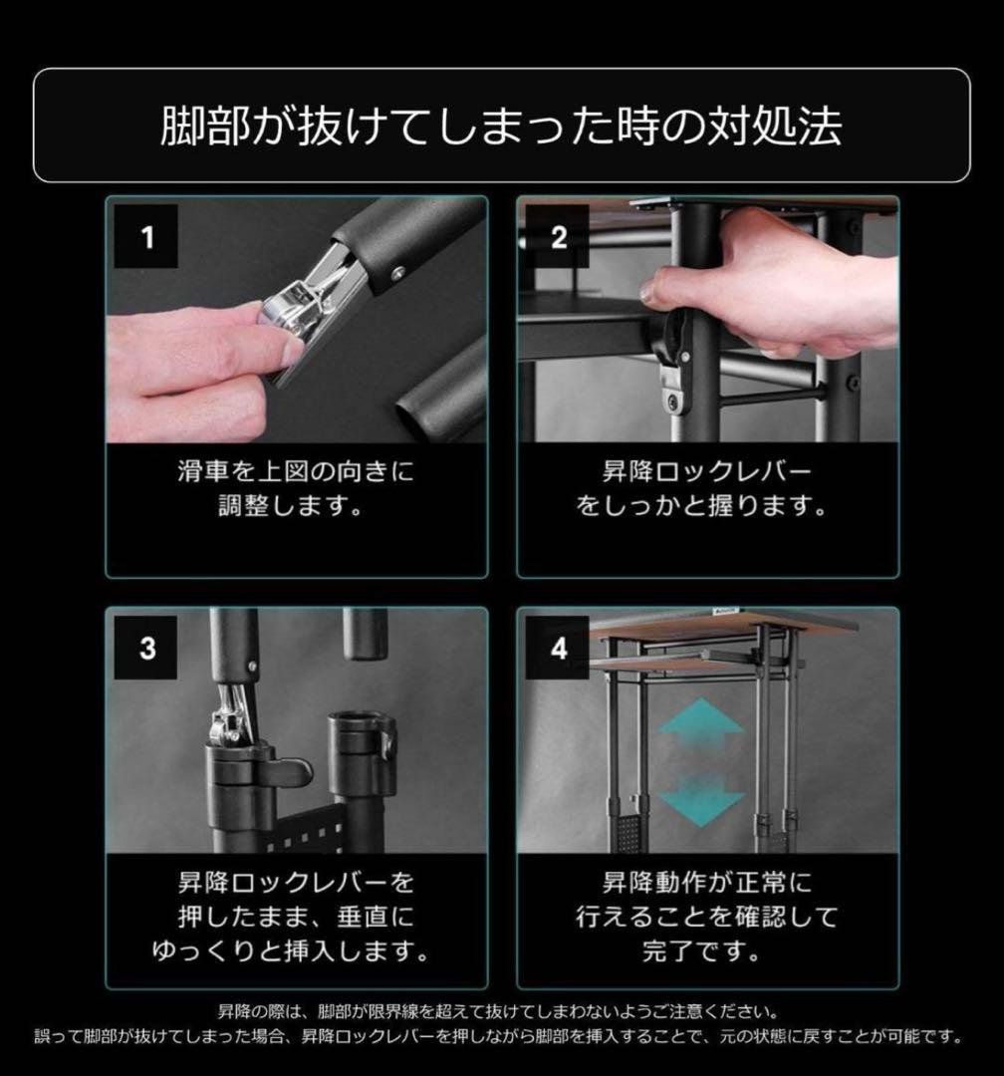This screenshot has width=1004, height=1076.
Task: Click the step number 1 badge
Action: coord(147,237)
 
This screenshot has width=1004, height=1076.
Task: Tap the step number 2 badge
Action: coord(558,237)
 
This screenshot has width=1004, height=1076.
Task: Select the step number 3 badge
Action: coord(147,648)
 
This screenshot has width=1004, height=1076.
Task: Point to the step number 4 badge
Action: coord(558,648)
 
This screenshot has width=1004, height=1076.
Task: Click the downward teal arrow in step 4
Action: coord(701,797)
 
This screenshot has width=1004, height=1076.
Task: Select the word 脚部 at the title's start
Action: coord(193,126)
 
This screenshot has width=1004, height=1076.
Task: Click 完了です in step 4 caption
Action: coord(707,949)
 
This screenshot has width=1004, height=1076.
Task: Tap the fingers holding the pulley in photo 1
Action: coord(199,349)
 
